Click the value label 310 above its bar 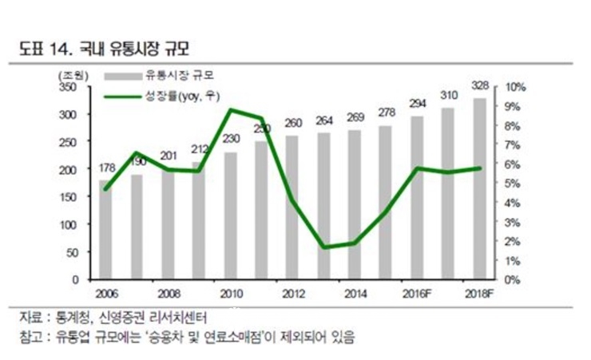(448, 94)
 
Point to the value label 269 (355, 117)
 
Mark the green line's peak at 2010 (231, 109)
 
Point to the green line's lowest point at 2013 (323, 247)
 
